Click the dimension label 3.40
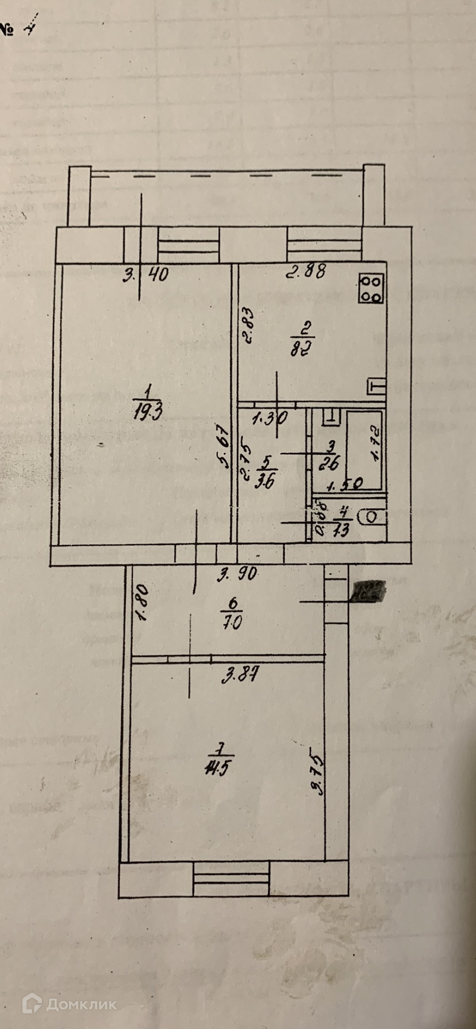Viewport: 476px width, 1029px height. pyautogui.click(x=146, y=275)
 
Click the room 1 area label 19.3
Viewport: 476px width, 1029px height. pyautogui.click(x=147, y=404)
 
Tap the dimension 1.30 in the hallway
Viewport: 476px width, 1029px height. pyautogui.click(x=270, y=419)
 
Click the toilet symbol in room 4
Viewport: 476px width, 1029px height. pyautogui.click(x=371, y=517)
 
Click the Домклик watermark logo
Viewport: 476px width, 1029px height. pyautogui.click(x=69, y=1004)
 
